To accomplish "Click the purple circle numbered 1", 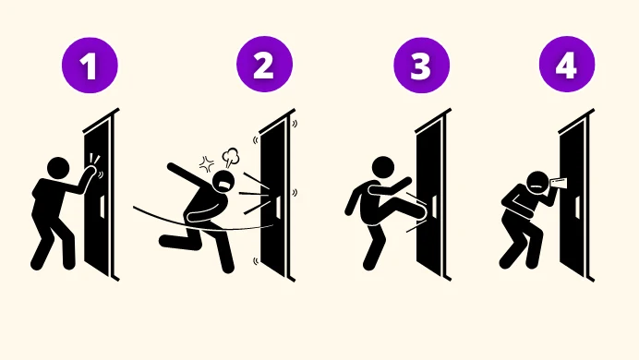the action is click(90, 66).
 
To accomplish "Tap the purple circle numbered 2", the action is click(264, 65).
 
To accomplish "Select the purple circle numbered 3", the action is click(421, 66).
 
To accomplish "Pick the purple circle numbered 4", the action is click(567, 64).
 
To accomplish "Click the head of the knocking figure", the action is click(58, 168).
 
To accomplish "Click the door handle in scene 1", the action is click(102, 206).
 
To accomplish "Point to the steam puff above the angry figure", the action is click(231, 157).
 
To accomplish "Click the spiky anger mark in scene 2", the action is click(207, 164).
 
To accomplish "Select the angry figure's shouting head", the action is click(223, 182).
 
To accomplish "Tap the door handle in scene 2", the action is click(278, 206).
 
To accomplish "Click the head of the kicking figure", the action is click(383, 167).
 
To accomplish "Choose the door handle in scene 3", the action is click(434, 206).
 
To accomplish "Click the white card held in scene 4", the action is click(559, 184).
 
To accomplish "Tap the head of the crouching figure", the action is click(538, 183).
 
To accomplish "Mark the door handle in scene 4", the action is click(577, 207).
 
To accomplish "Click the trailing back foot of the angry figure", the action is click(167, 241).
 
